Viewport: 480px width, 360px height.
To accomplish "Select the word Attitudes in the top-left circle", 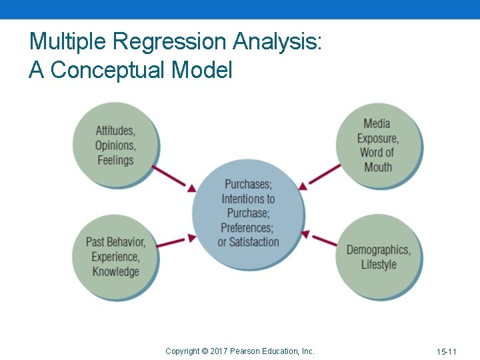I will pos(115,131).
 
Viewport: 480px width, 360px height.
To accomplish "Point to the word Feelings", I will pos(115,160).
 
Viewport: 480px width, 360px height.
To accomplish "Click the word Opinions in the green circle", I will pos(115,145).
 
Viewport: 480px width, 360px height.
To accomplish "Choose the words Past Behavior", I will pos(115,242).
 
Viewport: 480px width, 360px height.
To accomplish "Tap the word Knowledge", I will pos(115,271).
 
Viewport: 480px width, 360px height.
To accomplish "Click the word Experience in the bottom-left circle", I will pos(115,257).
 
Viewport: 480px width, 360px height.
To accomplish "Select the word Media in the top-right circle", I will pos(377,123).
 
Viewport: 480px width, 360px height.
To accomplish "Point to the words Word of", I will pos(377,153).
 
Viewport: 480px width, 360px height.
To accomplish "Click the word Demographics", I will pos(378,250).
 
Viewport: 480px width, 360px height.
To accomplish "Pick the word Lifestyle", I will pos(379,265).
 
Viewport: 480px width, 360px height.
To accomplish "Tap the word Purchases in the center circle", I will pos(248,184).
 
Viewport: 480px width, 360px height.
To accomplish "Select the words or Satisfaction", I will pos(248,243).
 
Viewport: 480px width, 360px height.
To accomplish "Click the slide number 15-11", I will pos(447,351).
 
